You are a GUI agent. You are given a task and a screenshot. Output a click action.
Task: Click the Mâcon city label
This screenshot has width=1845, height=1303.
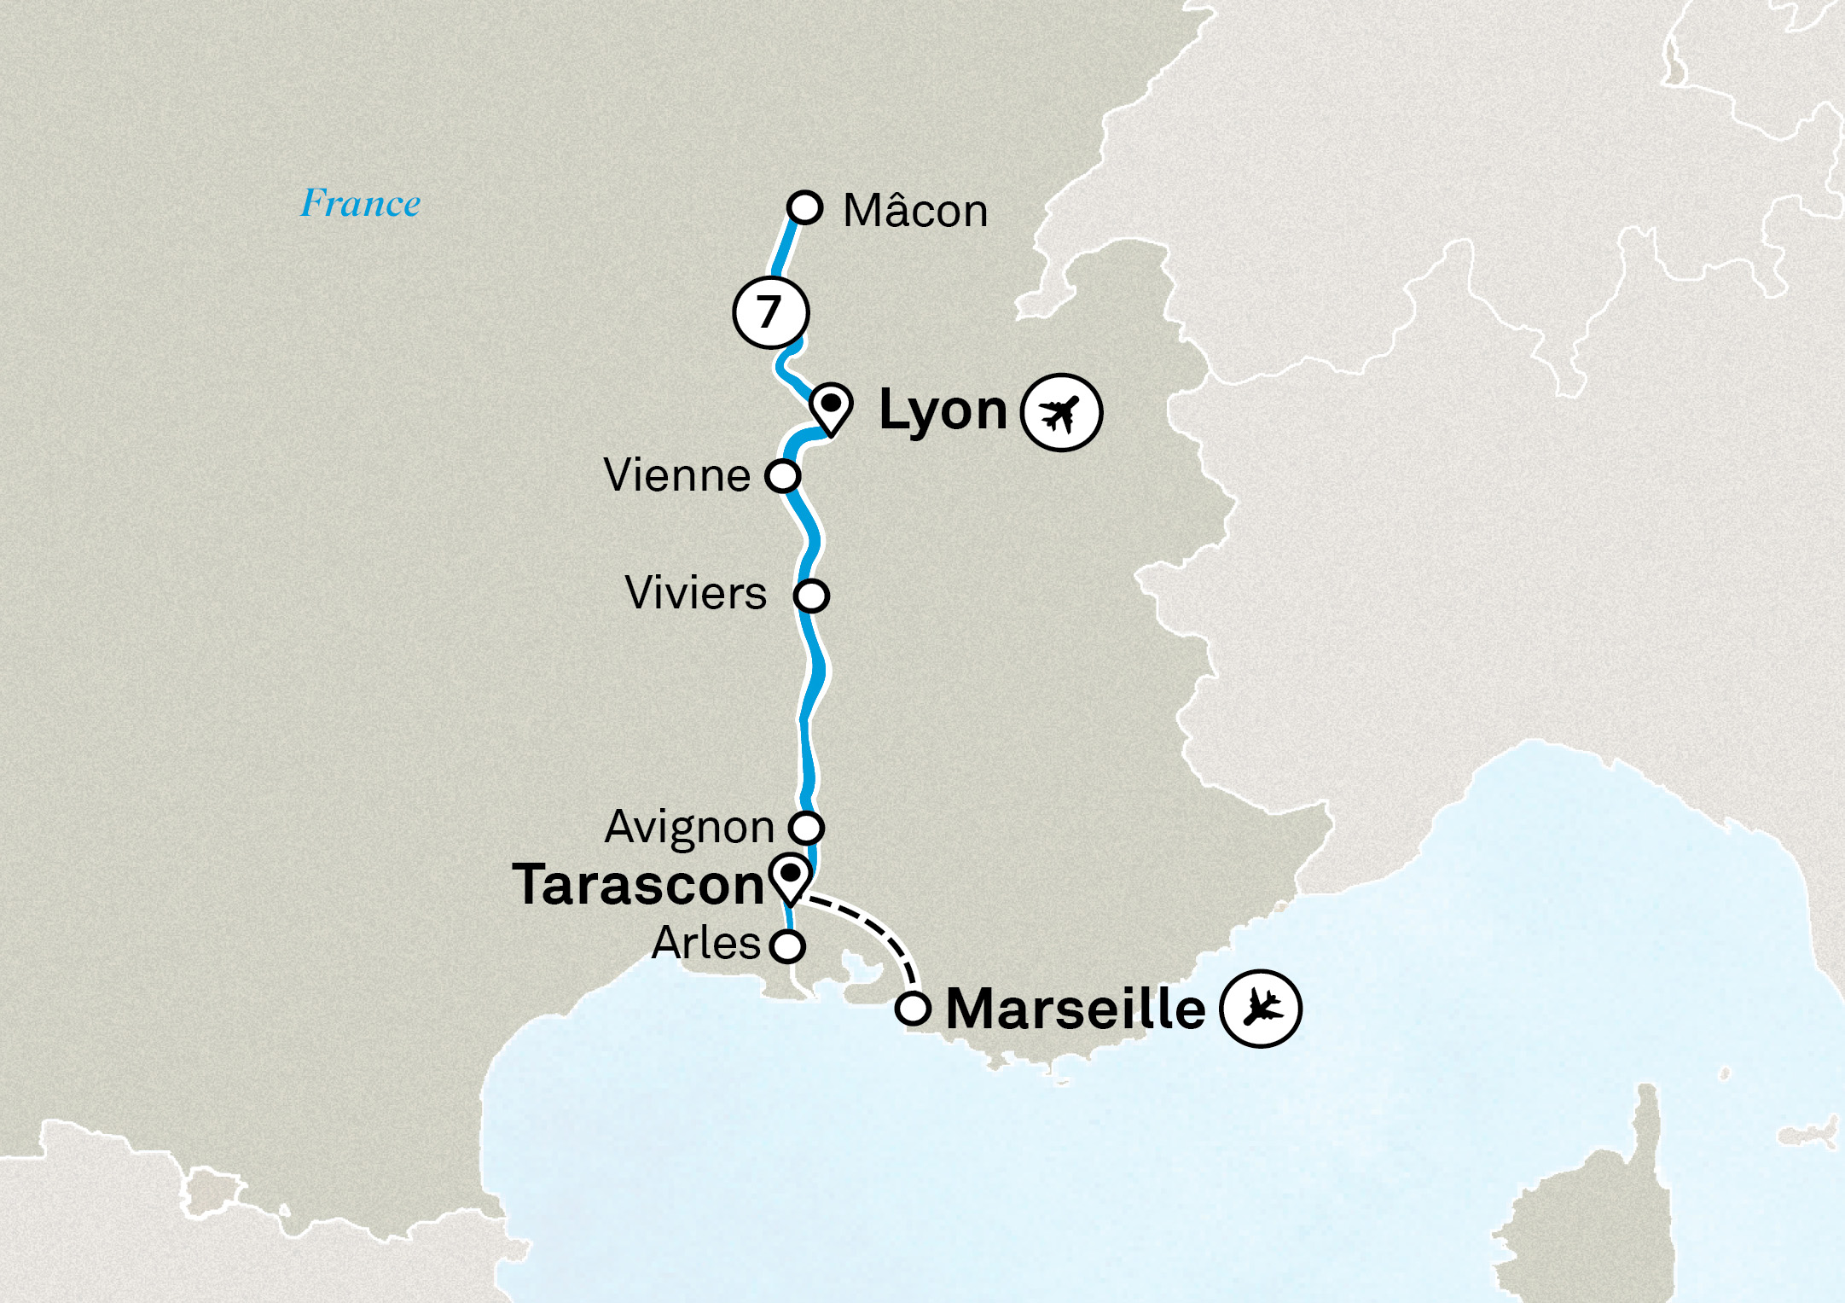[915, 211]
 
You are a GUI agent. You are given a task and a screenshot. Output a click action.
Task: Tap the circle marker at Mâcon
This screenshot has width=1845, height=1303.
[804, 207]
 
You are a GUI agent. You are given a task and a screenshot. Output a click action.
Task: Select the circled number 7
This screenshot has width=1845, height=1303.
[770, 312]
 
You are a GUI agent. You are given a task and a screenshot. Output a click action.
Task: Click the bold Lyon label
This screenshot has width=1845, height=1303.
[943, 411]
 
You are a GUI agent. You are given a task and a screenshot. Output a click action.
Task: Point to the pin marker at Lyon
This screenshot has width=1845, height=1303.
[831, 407]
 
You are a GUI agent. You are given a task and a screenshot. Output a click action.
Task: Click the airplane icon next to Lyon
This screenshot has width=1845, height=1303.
[1061, 413]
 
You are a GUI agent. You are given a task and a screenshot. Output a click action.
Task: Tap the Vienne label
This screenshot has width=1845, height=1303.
[676, 475]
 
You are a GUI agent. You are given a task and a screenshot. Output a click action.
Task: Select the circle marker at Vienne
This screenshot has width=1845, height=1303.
[782, 475]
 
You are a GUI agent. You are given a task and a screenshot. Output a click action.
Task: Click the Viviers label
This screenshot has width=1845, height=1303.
[695, 593]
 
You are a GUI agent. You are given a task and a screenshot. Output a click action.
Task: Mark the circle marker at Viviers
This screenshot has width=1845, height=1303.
[811, 595]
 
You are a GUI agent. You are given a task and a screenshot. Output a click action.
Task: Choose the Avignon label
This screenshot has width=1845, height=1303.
[689, 827]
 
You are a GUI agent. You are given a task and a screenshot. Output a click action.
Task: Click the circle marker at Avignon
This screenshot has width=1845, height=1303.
[806, 827]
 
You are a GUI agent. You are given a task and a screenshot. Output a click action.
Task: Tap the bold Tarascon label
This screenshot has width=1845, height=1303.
[638, 885]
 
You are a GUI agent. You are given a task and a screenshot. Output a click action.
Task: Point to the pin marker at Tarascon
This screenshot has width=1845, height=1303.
[791, 877]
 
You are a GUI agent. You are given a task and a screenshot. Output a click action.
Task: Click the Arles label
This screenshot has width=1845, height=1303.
[705, 944]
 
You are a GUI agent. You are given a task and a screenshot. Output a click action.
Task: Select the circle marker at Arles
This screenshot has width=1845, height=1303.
[786, 945]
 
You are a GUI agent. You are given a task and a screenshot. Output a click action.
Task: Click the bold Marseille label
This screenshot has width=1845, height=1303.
[1076, 1009]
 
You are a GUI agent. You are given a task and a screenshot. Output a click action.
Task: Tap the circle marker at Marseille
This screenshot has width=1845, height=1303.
[913, 1009]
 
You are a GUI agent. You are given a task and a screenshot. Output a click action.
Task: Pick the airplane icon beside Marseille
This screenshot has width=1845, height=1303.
[1260, 1009]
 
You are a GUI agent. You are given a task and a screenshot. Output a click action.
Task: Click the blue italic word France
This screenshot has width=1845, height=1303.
[360, 204]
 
